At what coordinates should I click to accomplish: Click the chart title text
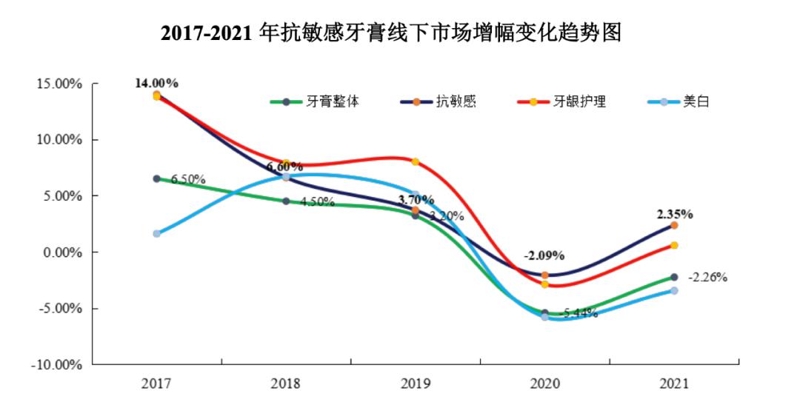click(390, 33)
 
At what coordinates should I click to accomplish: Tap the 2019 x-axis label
click(416, 384)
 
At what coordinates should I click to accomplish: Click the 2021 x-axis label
click(674, 384)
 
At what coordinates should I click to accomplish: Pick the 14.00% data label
click(156, 83)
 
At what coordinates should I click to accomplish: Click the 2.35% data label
click(674, 215)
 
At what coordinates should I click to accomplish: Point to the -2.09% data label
click(544, 255)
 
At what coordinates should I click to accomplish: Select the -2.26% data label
click(707, 278)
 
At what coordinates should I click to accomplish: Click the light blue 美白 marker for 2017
click(157, 233)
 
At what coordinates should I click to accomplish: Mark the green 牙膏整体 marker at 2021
click(674, 277)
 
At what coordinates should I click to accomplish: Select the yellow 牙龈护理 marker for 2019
click(416, 161)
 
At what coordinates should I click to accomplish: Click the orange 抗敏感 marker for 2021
click(674, 225)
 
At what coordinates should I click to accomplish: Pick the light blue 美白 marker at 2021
click(674, 290)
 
